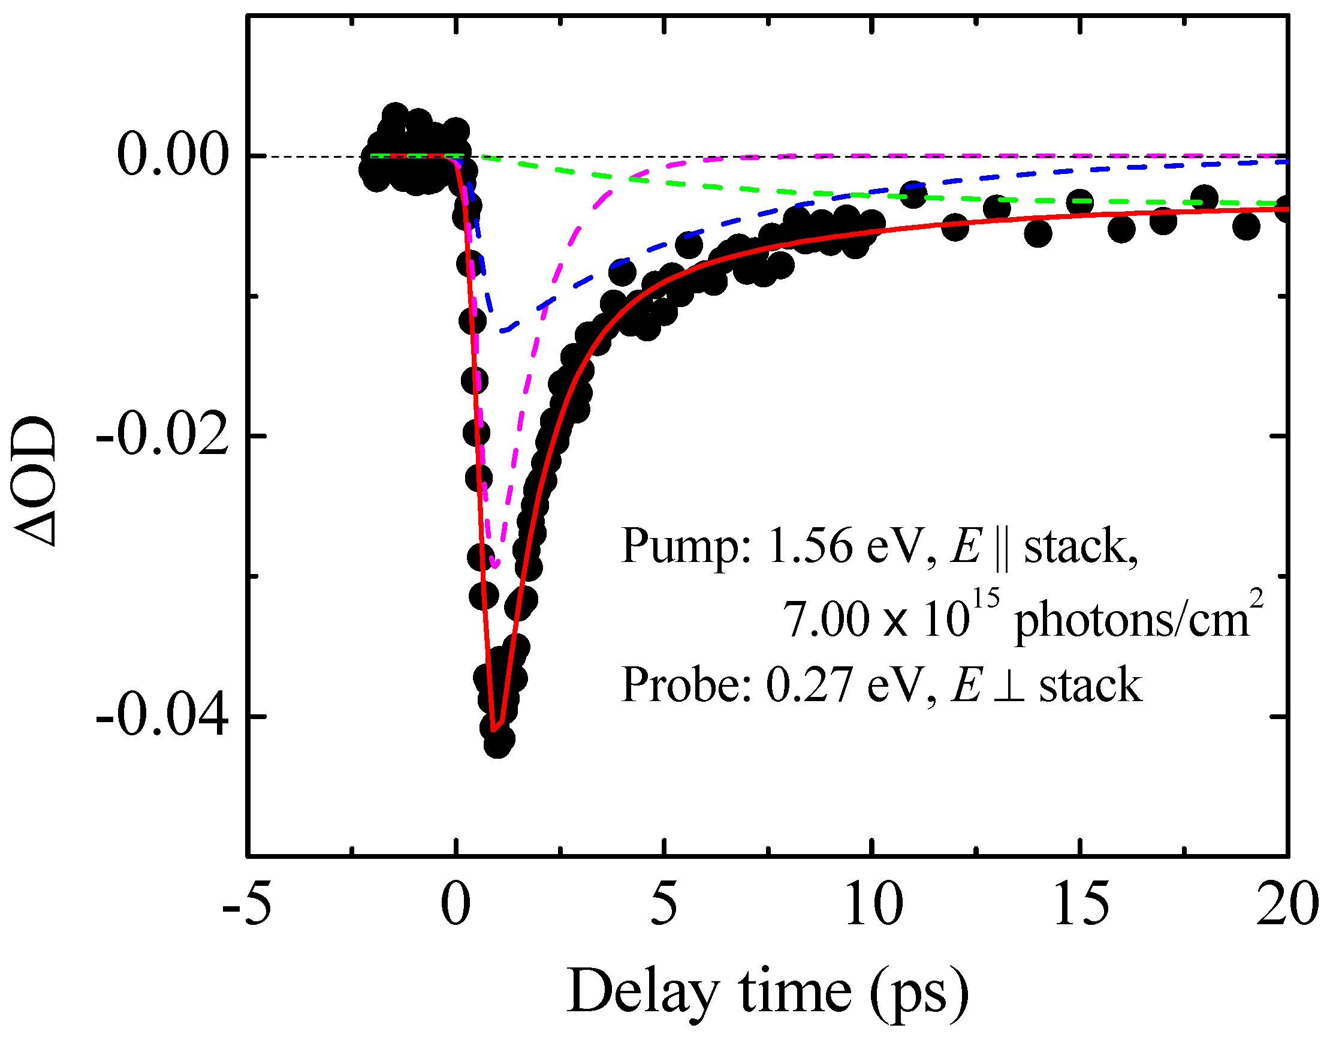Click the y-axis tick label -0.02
(x=163, y=436)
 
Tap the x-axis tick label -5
(x=247, y=904)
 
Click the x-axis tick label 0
(x=456, y=904)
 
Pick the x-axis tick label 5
(x=664, y=904)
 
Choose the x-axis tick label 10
(x=873, y=904)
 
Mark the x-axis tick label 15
(x=1081, y=904)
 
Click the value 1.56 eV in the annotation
(x=845, y=546)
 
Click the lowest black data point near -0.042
(x=498, y=743)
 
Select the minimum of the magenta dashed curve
(x=497, y=566)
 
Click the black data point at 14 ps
(x=1038, y=232)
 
